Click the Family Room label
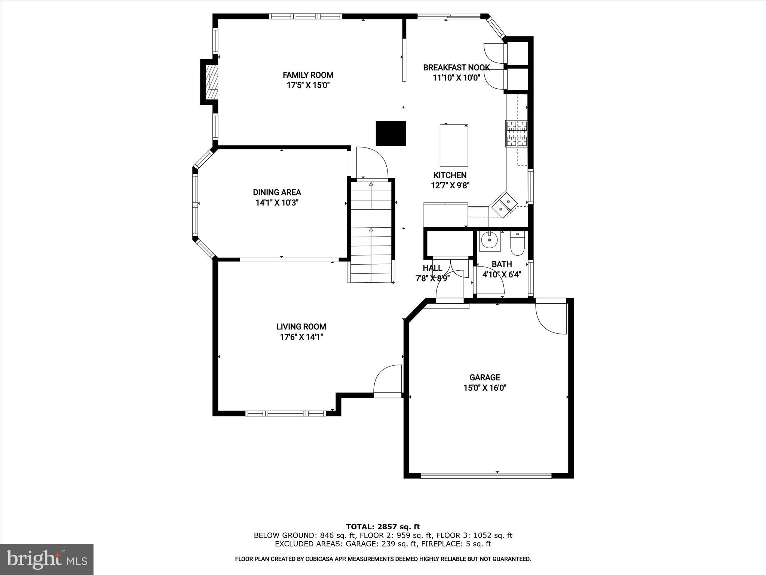pyautogui.click(x=308, y=75)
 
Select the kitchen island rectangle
pyautogui.click(x=454, y=146)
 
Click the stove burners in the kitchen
pyautogui.click(x=517, y=134)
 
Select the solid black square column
pyautogui.click(x=390, y=133)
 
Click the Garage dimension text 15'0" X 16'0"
pyautogui.click(x=485, y=388)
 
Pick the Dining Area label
pyautogui.click(x=277, y=192)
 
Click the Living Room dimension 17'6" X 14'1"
pyautogui.click(x=301, y=337)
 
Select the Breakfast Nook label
pyautogui.click(x=456, y=68)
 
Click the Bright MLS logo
pyautogui.click(x=47, y=559)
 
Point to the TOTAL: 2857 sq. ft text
pyautogui.click(x=383, y=527)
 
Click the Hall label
pyautogui.click(x=432, y=268)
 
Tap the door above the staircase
pyautogui.click(x=372, y=164)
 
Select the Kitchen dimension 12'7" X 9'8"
pyautogui.click(x=450, y=185)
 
